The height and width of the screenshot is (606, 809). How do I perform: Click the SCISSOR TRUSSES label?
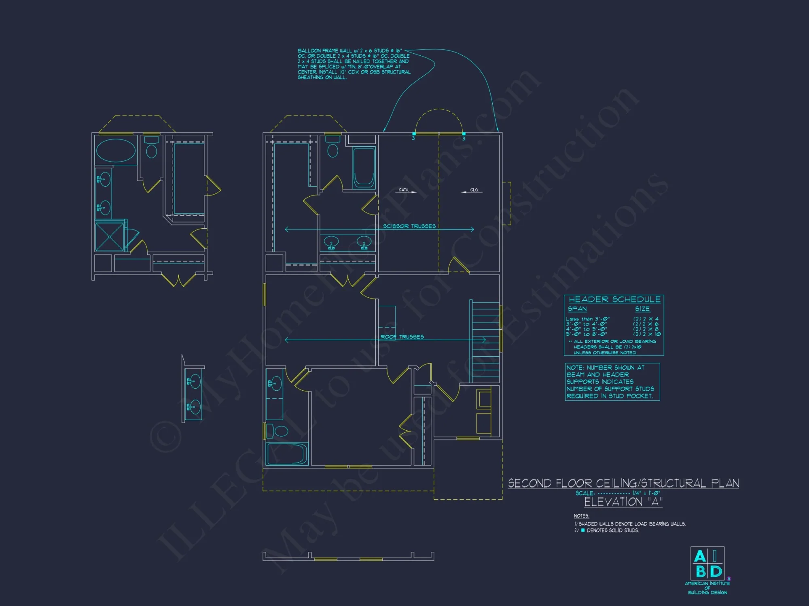click(409, 226)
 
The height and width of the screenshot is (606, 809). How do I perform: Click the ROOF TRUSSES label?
click(402, 337)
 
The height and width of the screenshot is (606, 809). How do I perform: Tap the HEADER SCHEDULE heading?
click(614, 299)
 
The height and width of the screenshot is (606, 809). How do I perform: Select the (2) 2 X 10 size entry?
click(647, 334)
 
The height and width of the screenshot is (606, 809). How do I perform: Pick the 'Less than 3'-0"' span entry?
click(588, 319)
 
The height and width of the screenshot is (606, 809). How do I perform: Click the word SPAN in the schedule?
click(577, 309)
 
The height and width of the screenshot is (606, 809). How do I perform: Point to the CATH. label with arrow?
click(406, 190)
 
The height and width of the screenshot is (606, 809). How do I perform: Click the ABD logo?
click(707, 564)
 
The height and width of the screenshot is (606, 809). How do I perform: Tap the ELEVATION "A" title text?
click(623, 502)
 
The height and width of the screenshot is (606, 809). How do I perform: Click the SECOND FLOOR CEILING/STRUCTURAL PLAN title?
click(623, 483)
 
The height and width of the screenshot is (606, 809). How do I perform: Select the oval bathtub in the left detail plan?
click(116, 151)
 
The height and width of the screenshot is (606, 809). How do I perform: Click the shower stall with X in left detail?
click(110, 237)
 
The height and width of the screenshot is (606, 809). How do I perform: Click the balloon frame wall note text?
click(354, 64)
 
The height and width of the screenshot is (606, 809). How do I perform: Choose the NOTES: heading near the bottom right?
click(581, 516)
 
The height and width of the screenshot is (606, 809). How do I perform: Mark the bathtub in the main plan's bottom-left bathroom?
click(287, 454)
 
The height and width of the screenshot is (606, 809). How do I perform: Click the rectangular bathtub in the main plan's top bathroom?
click(364, 168)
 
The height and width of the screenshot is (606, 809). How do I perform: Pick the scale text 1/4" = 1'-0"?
click(646, 493)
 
